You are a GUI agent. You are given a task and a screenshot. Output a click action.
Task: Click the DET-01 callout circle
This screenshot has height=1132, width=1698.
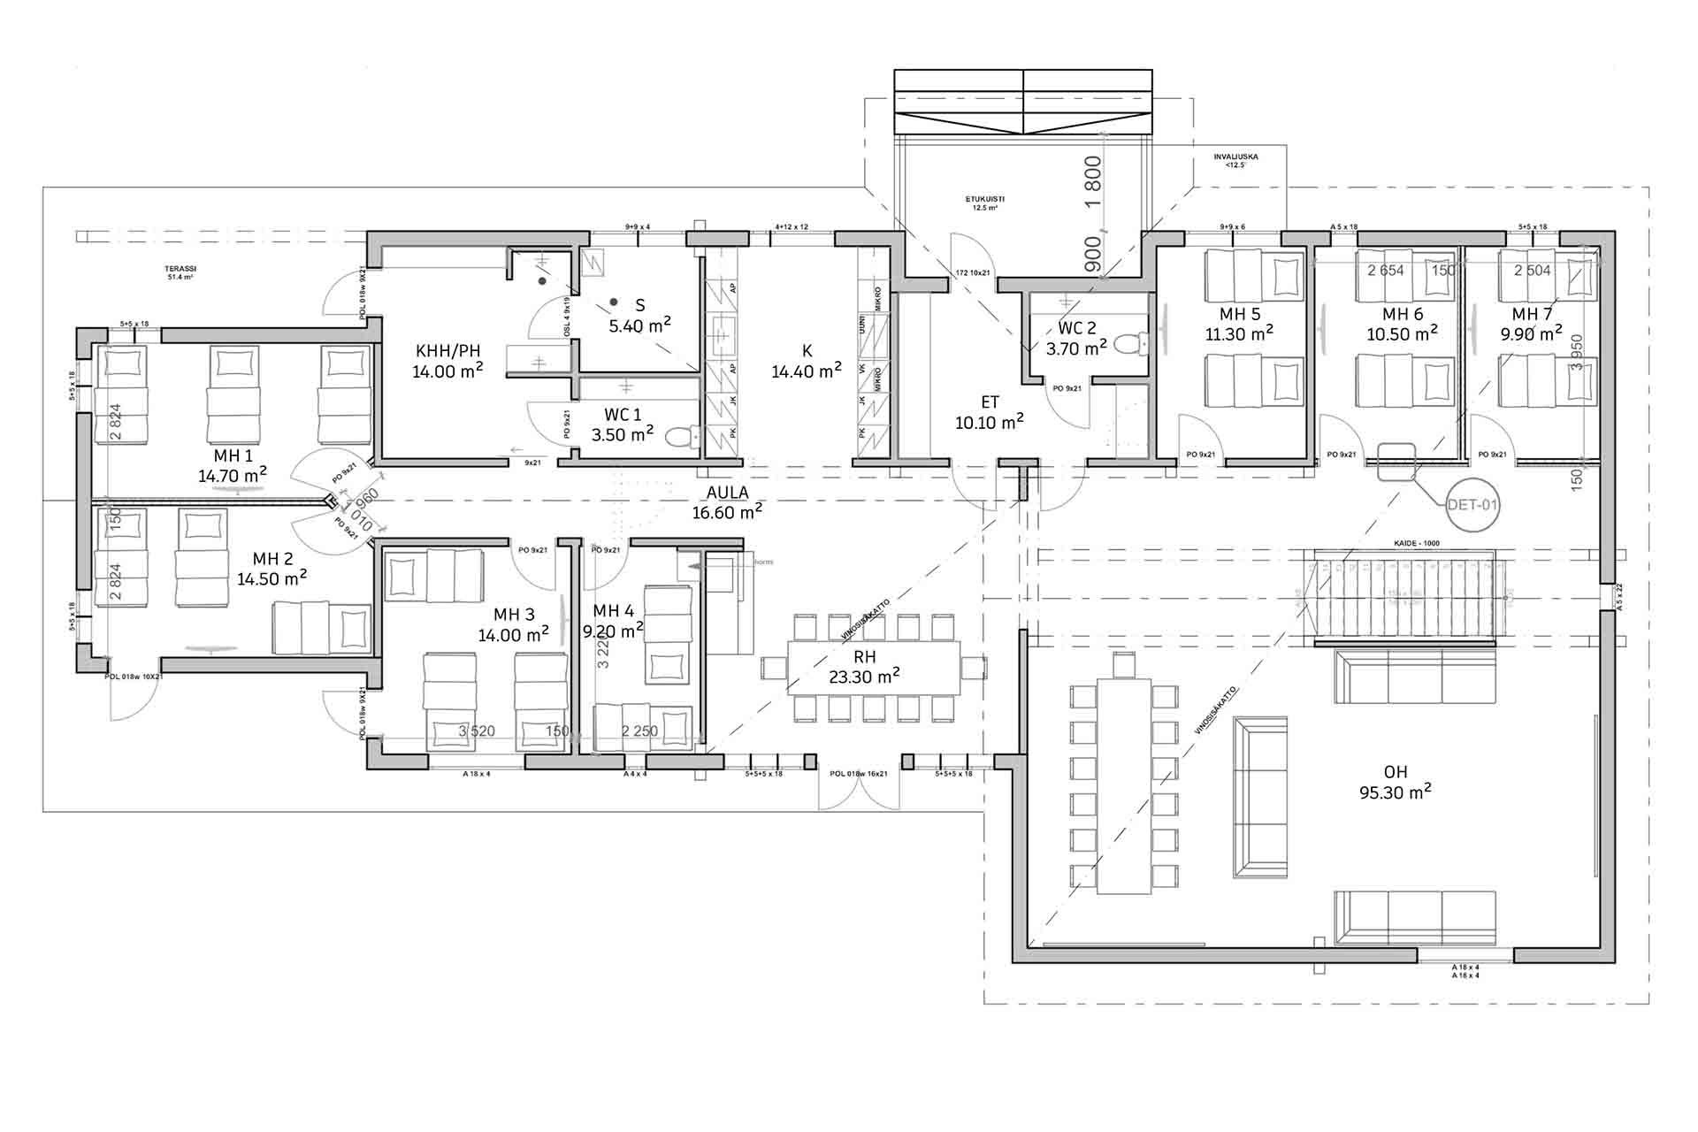pyautogui.click(x=1472, y=506)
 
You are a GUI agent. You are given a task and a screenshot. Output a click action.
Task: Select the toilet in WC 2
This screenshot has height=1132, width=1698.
pyautogui.click(x=1129, y=342)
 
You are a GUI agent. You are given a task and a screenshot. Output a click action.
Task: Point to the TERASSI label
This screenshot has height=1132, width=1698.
pyautogui.click(x=180, y=272)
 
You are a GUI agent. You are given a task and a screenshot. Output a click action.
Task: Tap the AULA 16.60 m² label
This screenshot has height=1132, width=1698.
pyautogui.click(x=727, y=502)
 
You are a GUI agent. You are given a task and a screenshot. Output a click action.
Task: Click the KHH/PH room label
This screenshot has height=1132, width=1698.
pyautogui.click(x=447, y=361)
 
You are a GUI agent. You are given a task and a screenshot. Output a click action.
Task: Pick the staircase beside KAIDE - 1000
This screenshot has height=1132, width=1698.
pyautogui.click(x=1404, y=598)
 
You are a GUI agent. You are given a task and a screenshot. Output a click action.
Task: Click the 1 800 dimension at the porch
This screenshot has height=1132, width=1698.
pyautogui.click(x=1093, y=180)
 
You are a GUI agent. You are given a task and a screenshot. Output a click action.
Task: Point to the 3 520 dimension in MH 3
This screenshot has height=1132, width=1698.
pyautogui.click(x=477, y=731)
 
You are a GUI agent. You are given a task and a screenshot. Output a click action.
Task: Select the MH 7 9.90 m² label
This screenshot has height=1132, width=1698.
pyautogui.click(x=1532, y=324)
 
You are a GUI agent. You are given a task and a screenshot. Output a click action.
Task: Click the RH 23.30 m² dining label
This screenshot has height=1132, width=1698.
pyautogui.click(x=864, y=668)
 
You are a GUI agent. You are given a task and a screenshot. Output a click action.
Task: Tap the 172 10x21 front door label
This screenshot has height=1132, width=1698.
pyautogui.click(x=975, y=273)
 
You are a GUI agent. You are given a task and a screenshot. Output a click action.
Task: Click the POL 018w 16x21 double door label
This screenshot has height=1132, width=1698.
pyautogui.click(x=859, y=774)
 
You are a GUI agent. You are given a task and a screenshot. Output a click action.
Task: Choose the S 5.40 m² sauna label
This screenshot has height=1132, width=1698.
pyautogui.click(x=639, y=316)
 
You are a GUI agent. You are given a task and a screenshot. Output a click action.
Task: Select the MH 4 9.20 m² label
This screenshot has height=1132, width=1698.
pyautogui.click(x=613, y=621)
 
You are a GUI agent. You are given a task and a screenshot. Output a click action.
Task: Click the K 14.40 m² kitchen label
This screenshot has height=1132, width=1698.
pyautogui.click(x=807, y=362)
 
